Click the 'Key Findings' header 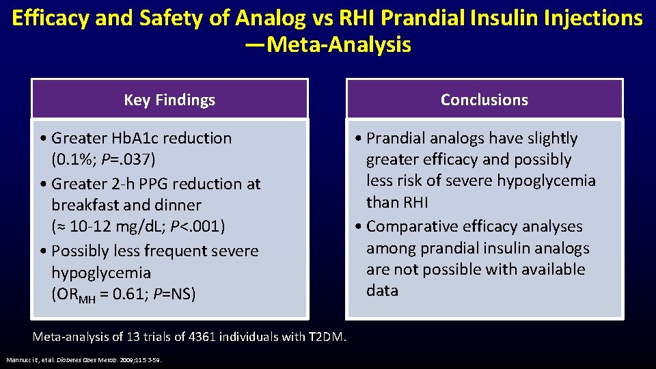click(169, 100)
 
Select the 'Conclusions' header click(484, 100)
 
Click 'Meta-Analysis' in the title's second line click(340, 45)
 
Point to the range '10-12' click(90, 226)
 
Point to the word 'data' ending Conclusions click(382, 290)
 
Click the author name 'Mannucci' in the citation click(18, 359)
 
